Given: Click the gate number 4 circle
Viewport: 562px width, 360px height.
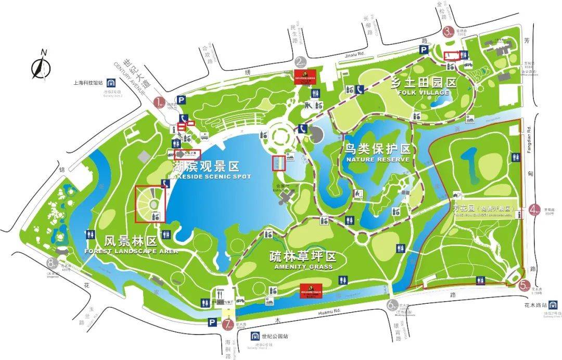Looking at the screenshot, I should point(534,211).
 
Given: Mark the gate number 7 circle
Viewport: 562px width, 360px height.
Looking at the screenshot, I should point(227,325).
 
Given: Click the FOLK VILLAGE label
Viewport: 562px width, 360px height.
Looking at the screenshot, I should point(423,93).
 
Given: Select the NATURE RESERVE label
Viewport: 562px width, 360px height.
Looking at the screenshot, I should point(378,159).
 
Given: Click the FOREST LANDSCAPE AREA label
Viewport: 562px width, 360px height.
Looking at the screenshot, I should point(131,251).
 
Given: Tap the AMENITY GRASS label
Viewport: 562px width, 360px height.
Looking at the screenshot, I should point(303,267).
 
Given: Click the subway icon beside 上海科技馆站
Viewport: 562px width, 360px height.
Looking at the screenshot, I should point(111,83).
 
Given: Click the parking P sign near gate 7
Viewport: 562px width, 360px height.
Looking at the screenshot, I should point(212,323).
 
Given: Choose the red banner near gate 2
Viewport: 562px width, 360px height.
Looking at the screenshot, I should point(306,76).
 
